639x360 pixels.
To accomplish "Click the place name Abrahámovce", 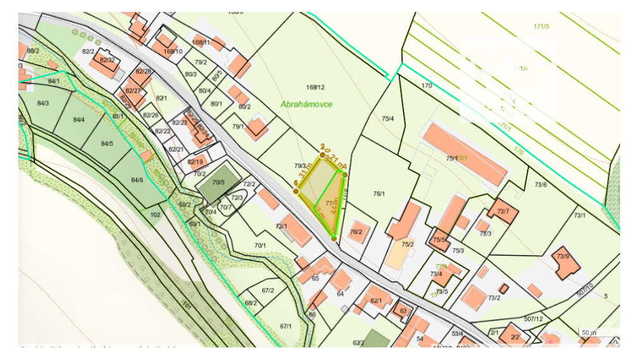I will [307, 104].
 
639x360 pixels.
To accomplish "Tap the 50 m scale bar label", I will [589, 332].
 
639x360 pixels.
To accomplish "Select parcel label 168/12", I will [315, 88].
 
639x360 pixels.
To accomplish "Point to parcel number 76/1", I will [379, 194].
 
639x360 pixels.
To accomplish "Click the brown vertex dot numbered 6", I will [296, 191].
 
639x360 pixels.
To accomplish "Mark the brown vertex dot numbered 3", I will [322, 154].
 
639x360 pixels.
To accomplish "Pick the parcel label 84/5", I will [107, 143].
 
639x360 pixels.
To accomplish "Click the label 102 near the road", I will [155, 215].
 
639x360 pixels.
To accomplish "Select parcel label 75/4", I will [387, 119].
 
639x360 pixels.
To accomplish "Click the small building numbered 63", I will [403, 311].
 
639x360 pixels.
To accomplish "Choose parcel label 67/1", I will [285, 326].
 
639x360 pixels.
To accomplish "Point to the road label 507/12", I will [533, 320].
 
